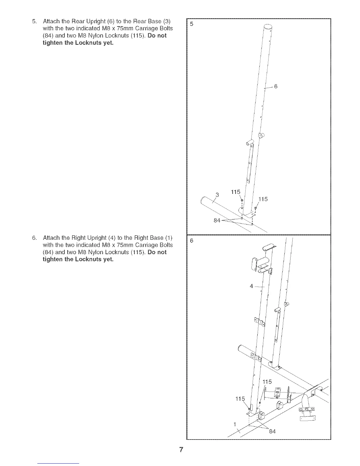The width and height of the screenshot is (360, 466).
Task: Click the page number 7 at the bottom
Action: (x=181, y=450)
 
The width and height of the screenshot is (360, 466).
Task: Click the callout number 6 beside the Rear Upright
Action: (x=276, y=86)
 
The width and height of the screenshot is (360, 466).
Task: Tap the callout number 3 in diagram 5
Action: (x=217, y=195)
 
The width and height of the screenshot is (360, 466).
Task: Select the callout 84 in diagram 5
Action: (x=217, y=220)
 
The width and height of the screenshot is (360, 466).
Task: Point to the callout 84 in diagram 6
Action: (x=272, y=432)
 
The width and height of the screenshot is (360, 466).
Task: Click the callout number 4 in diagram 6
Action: (x=251, y=286)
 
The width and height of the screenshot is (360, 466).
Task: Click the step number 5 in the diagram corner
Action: (x=191, y=24)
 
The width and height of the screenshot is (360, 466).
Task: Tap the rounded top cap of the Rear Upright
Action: (x=267, y=27)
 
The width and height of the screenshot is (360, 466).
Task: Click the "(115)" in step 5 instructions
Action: (x=139, y=36)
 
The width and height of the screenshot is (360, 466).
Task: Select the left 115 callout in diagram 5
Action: (x=235, y=192)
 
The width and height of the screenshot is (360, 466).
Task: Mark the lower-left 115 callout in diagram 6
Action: (x=240, y=399)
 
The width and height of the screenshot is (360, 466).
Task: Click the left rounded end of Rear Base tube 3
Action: (x=203, y=202)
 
